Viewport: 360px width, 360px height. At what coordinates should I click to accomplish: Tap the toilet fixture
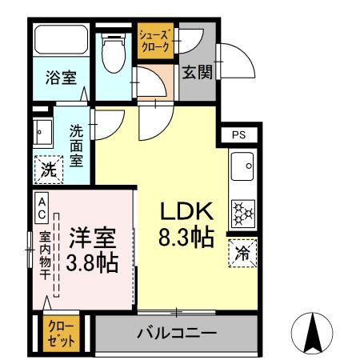pyautogui.click(x=113, y=52)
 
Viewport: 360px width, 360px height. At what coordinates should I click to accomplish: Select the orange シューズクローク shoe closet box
pyautogui.click(x=154, y=41)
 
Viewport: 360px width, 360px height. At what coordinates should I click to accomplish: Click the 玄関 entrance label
pyautogui.click(x=197, y=72)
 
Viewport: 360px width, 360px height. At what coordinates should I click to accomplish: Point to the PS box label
pyautogui.click(x=239, y=134)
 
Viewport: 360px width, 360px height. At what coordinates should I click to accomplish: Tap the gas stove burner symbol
pyautogui.click(x=242, y=211)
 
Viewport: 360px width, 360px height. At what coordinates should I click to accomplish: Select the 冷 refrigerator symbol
pyautogui.click(x=242, y=254)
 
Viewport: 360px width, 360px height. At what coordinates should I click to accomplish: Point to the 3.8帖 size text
pyautogui.click(x=92, y=262)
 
